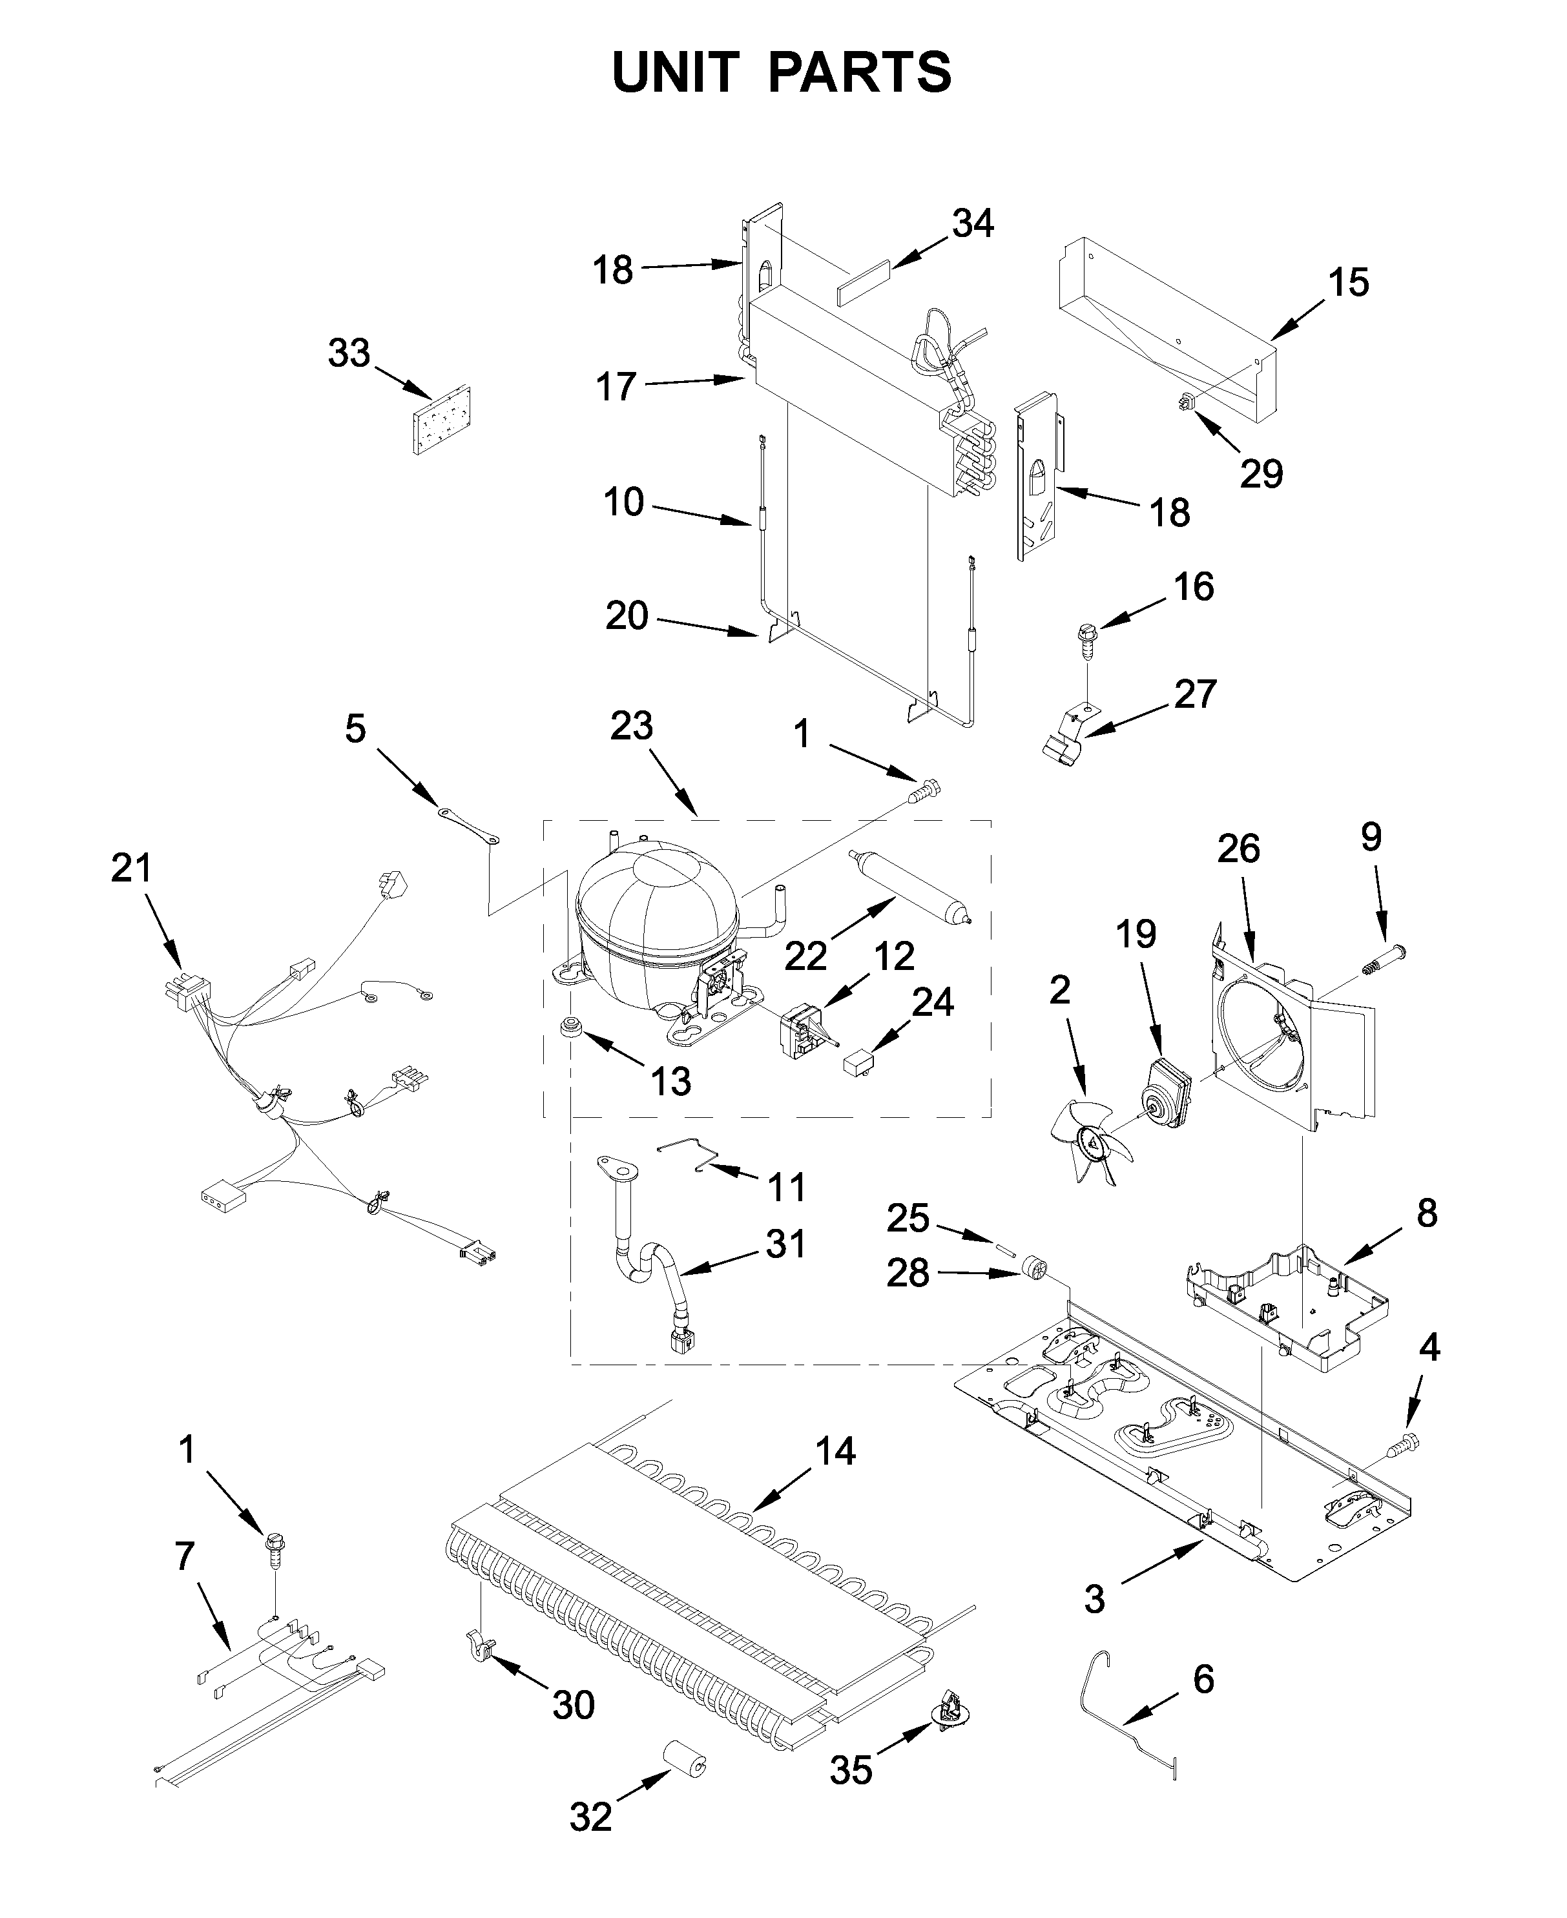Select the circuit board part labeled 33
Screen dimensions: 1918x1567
point(442,420)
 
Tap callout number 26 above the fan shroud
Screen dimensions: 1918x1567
point(1238,849)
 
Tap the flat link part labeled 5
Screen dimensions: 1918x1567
point(470,826)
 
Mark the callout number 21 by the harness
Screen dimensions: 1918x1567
point(132,869)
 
